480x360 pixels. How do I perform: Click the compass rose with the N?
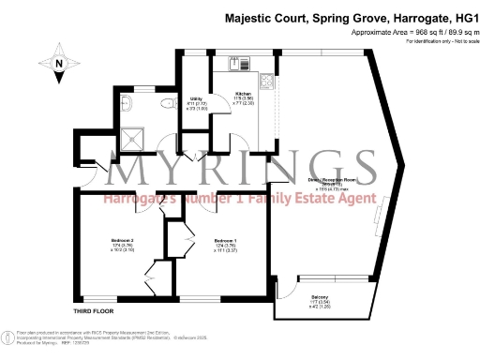(59, 63)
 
